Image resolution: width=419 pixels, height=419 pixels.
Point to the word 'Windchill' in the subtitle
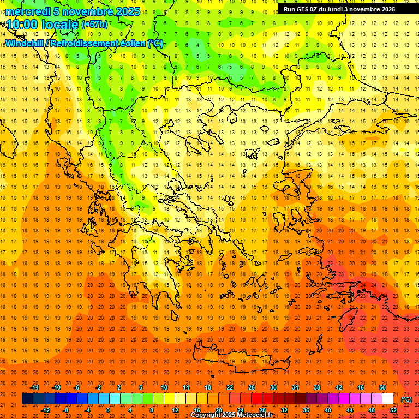click(25, 43)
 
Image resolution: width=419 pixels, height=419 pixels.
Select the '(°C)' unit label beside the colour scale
click(406, 399)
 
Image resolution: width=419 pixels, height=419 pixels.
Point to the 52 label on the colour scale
click(393, 410)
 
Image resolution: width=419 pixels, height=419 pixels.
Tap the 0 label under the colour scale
click(108, 410)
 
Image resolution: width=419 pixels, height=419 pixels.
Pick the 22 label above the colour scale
click(229, 387)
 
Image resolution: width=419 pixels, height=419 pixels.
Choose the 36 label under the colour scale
click(306, 410)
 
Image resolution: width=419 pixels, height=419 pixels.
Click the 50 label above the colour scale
click(382, 387)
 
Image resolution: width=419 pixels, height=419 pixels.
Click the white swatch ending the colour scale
click(387, 399)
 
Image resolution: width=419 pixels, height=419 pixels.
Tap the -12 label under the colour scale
click(45, 410)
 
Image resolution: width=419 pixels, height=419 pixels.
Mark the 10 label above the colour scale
click(164, 387)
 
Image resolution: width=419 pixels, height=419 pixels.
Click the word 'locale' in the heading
click(58, 24)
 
